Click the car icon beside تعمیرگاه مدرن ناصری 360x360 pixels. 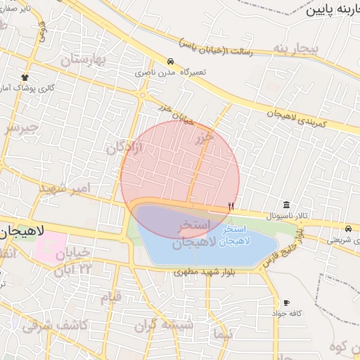tap(171, 61)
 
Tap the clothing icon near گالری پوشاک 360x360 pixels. tap(26, 77)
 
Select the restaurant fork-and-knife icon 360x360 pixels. tap(231, 205)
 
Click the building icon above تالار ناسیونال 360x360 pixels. tap(286, 204)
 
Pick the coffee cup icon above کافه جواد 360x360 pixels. tap(285, 302)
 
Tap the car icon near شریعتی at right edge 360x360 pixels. tap(349, 229)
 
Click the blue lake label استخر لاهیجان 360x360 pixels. tap(233, 236)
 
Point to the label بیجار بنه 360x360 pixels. tap(296, 49)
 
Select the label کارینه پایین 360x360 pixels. tap(333, 10)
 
